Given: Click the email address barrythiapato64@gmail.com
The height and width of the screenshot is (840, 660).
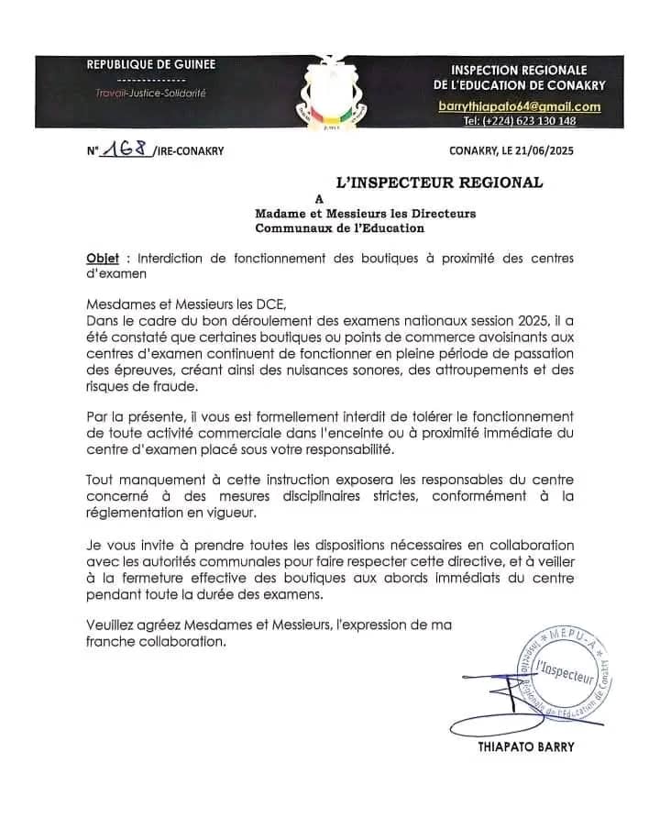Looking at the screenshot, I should click(519, 106).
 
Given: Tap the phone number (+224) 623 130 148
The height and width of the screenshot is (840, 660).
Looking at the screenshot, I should click(519, 121).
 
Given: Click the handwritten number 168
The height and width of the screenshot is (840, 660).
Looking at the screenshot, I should click(129, 150).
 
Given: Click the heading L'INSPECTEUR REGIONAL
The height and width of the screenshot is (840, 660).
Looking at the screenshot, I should click(440, 182).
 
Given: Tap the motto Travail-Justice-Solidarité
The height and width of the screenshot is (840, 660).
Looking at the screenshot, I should click(151, 94).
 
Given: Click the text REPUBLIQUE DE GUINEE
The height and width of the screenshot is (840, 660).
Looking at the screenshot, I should click(151, 64).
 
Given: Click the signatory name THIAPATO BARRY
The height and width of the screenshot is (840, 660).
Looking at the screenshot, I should click(526, 746).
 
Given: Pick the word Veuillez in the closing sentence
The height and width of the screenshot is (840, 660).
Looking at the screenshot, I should click(113, 624).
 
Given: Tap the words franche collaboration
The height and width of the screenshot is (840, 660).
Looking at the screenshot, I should click(156, 642).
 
